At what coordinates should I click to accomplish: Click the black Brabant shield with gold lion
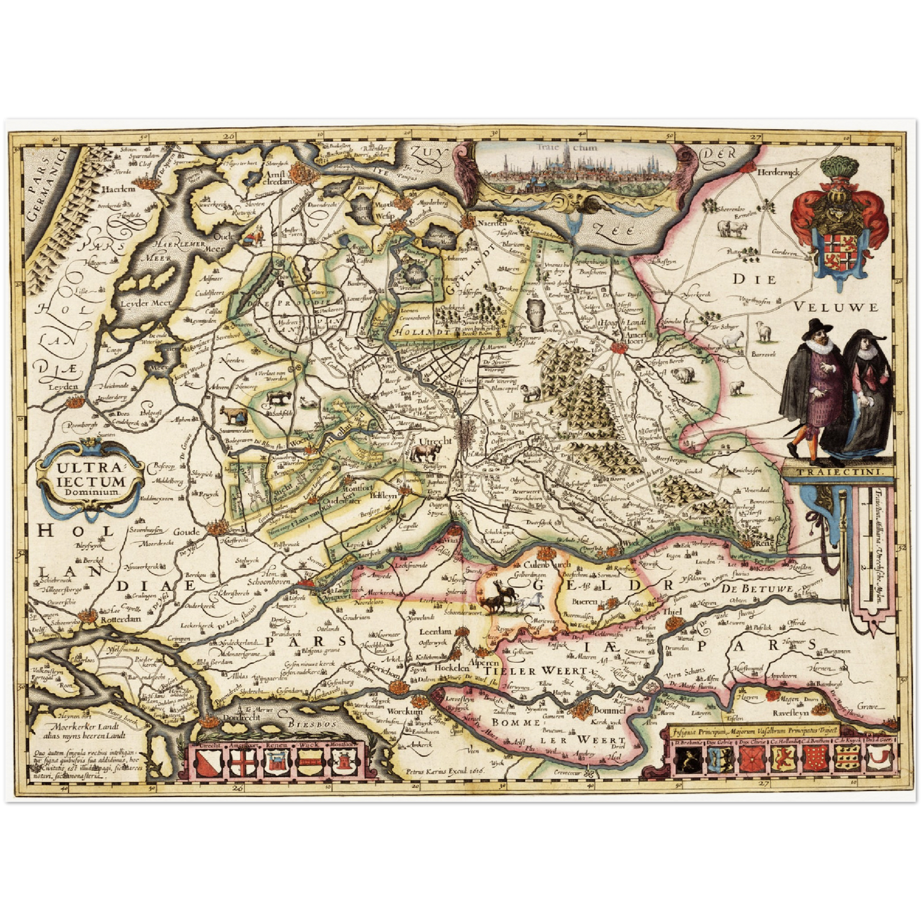(x=688, y=760)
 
